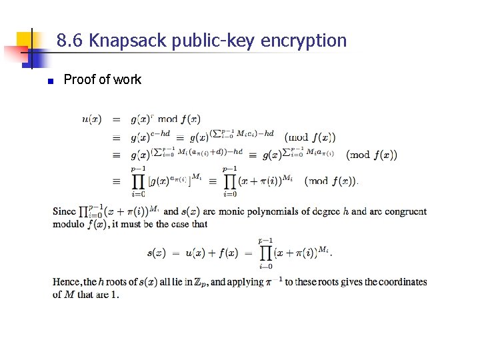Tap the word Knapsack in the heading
tap(128, 41)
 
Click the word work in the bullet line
tap(127, 80)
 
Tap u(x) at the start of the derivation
tap(91, 120)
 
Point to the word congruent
tap(405, 212)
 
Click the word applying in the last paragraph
tap(245, 282)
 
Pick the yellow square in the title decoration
tap(25, 39)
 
